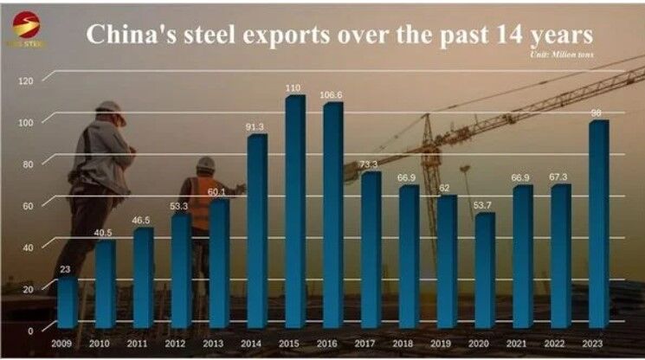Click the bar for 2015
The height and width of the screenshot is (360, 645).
point(294,212)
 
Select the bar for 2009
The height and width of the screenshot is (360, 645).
point(67,303)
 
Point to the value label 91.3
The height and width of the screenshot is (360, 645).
point(257,127)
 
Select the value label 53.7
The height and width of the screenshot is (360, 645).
point(485,206)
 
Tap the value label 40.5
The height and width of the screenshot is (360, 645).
point(105,233)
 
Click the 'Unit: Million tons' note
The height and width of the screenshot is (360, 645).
point(566,55)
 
